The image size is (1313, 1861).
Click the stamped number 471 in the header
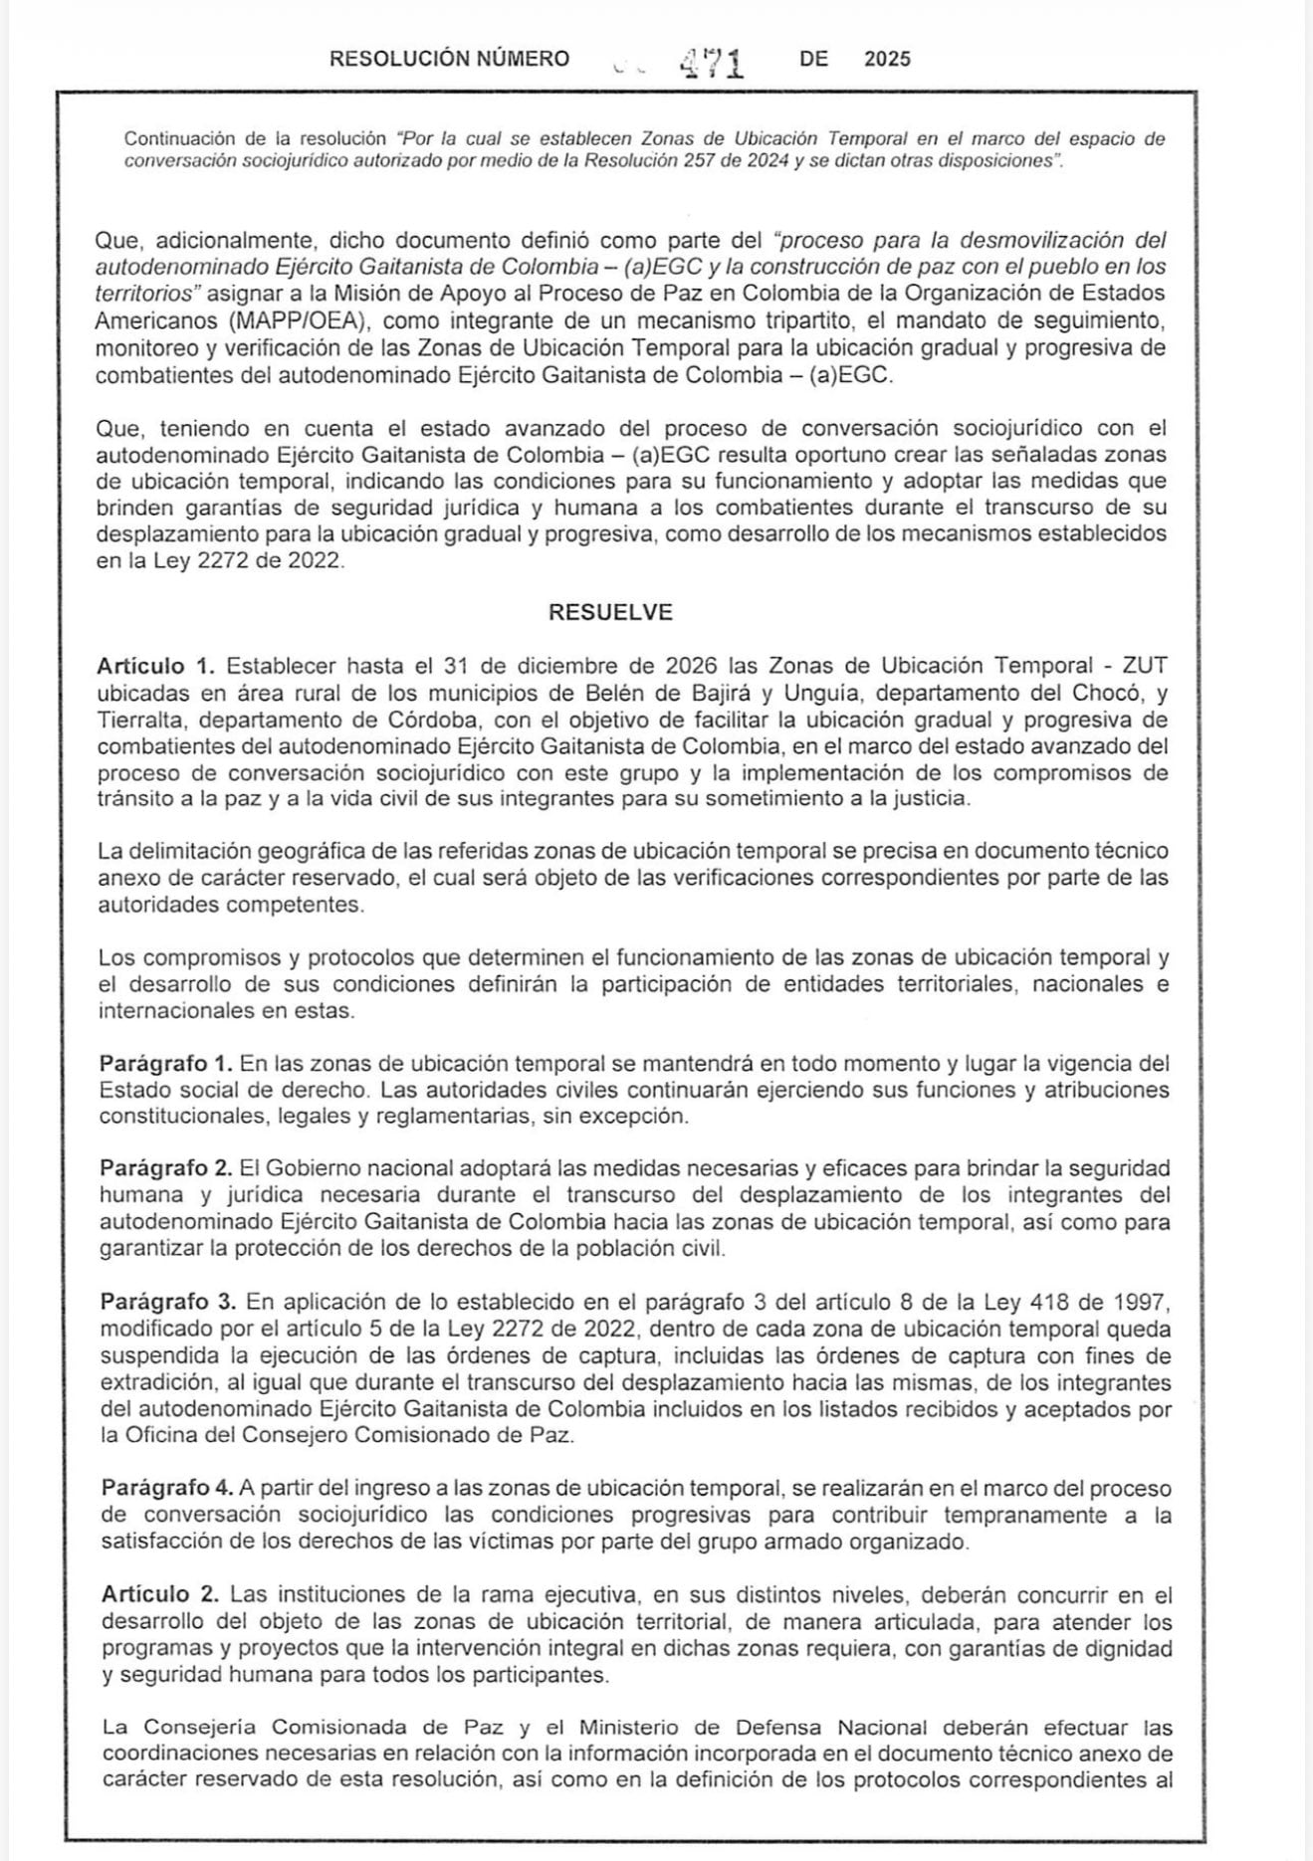pyautogui.click(x=712, y=63)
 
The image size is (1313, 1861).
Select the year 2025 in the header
pyautogui.click(x=887, y=60)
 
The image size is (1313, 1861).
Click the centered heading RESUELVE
pyautogui.click(x=610, y=612)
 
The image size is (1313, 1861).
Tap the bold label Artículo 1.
pyautogui.click(x=155, y=666)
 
